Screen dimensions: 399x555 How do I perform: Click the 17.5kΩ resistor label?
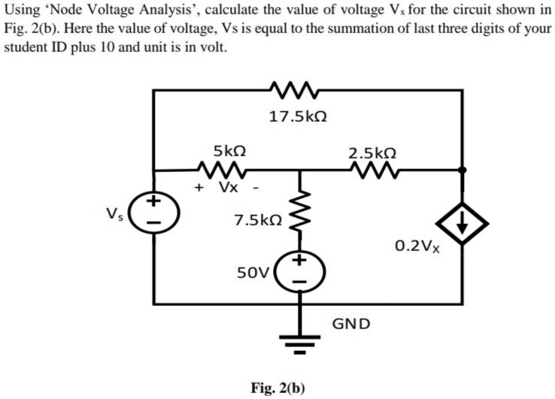[299, 116]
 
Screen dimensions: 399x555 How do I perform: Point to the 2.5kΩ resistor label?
[373, 152]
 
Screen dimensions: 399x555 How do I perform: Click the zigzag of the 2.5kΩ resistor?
[373, 170]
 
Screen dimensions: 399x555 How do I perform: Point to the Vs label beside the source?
[113, 211]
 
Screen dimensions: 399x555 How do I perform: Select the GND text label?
[351, 324]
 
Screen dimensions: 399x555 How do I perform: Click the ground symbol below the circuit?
[299, 343]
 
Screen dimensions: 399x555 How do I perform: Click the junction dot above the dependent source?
[462, 171]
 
